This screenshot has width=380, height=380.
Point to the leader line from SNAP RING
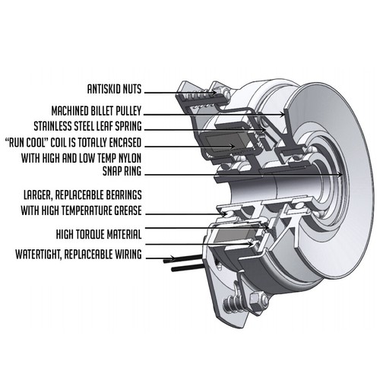tap(251, 171)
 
